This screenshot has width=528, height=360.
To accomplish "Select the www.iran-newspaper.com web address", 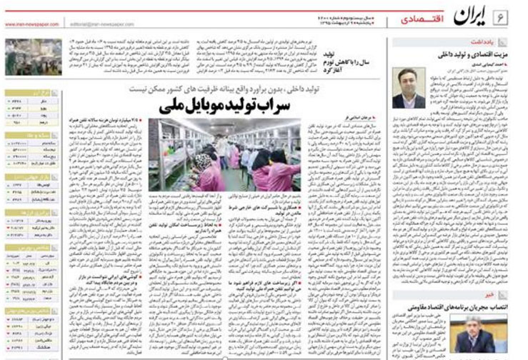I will point(29,24).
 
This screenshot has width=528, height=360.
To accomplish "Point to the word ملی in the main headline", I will point(176,106).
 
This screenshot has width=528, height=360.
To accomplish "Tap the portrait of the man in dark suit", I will point(408,89).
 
